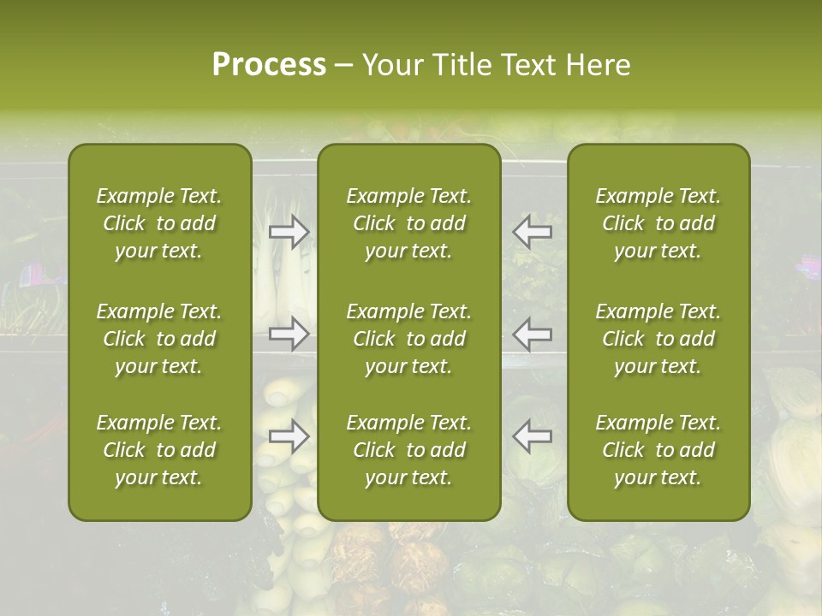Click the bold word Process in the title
click(269, 65)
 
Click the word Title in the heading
click(459, 65)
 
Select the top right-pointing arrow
click(289, 232)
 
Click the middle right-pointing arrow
click(289, 334)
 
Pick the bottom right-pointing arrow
click(289, 436)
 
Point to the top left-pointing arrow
click(532, 232)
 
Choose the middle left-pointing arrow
click(532, 334)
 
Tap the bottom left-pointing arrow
click(532, 436)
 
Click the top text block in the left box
click(159, 223)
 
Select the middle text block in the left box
click(159, 339)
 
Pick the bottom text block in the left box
click(159, 450)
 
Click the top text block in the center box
click(409, 223)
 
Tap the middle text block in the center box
click(409, 339)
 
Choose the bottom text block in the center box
click(409, 450)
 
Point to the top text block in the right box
click(658, 223)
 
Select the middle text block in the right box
click(658, 339)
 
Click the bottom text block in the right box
click(658, 450)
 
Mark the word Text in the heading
click(527, 65)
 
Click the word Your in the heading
click(390, 65)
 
